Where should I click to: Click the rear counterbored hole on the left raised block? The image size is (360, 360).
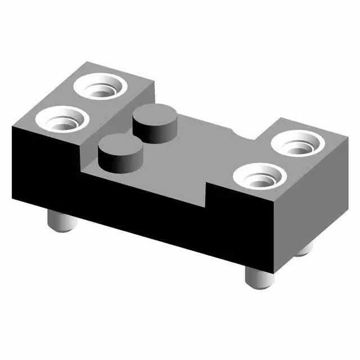(x=102, y=87)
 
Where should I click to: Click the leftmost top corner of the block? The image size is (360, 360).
(x=12, y=127)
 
